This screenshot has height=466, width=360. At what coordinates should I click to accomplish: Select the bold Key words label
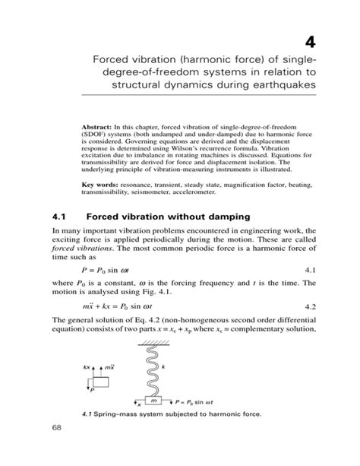pyautogui.click(x=102, y=184)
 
